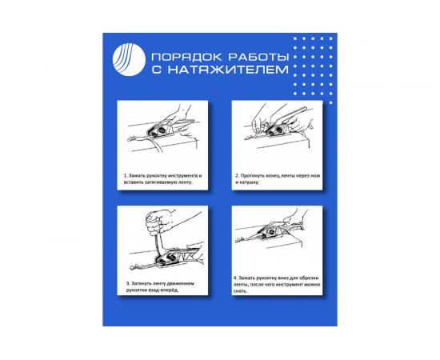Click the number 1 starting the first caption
(x=125, y=174)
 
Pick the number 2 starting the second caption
(x=238, y=174)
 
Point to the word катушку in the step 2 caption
(x=246, y=182)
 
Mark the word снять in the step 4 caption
(x=240, y=291)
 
